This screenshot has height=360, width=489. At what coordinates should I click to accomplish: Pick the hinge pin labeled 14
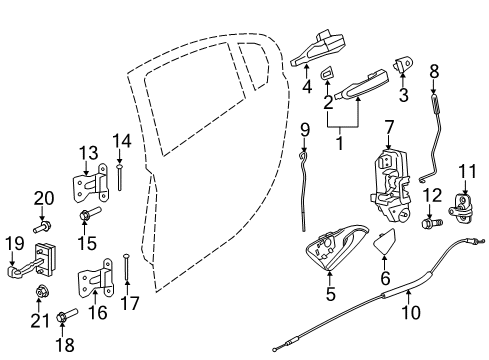pyautogui.click(x=119, y=177)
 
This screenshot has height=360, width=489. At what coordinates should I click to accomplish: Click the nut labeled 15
pyautogui.click(x=84, y=215)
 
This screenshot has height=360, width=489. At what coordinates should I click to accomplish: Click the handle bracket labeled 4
pyautogui.click(x=320, y=48)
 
